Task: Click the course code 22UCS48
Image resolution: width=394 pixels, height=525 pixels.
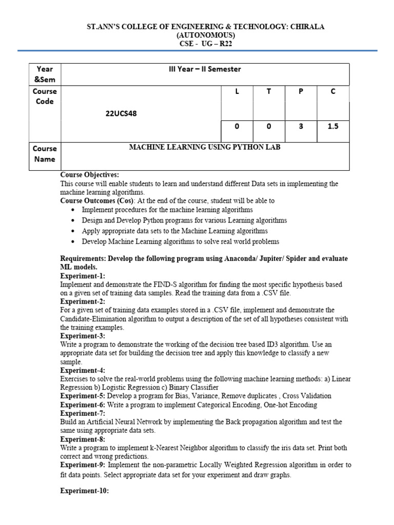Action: click(x=121, y=114)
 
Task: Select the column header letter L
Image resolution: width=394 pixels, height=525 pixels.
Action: click(x=237, y=91)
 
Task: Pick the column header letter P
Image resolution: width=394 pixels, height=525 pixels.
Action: click(x=301, y=91)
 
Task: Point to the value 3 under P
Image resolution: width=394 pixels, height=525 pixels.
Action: click(x=301, y=125)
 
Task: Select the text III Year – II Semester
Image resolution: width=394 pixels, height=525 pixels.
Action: click(x=205, y=69)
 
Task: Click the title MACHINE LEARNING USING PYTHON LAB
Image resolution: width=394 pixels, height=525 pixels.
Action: click(x=205, y=148)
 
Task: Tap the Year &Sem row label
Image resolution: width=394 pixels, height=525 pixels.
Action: click(x=45, y=74)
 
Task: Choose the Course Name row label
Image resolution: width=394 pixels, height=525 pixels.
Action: click(x=45, y=153)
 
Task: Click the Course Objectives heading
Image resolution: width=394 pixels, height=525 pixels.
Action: click(x=89, y=175)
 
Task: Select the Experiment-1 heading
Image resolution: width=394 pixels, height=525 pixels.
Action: click(x=83, y=276)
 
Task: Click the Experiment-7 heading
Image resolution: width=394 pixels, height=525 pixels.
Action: click(x=83, y=413)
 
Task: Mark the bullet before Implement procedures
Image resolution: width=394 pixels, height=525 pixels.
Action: click(x=74, y=210)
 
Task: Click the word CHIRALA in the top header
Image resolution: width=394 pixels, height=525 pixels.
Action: click(x=305, y=27)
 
